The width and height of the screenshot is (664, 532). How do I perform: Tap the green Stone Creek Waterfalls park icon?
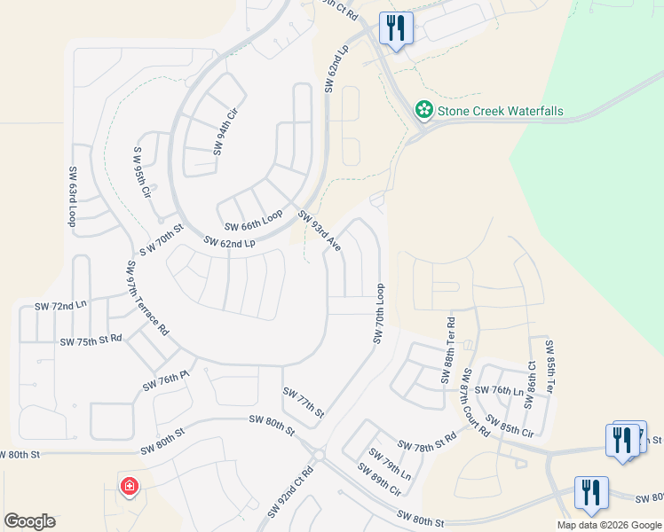coord(424,110)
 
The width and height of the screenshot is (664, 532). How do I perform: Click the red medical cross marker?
coord(129,486)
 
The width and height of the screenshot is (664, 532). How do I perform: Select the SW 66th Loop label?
coord(253,221)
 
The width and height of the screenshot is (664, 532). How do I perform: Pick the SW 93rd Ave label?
coord(320,231)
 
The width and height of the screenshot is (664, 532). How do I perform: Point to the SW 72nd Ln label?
coord(60,306)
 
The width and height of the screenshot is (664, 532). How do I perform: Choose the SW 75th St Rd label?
coord(91,340)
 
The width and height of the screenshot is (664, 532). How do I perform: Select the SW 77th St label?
coord(304,402)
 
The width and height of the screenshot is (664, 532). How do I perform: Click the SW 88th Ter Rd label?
coord(447,350)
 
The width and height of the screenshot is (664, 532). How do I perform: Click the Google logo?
coord(29,521)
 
